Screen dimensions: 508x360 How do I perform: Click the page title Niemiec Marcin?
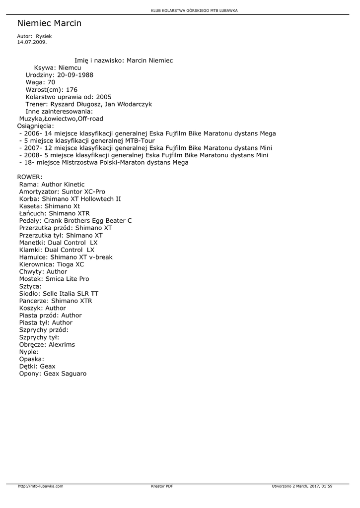(49, 23)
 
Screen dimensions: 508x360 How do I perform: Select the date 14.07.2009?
(32, 42)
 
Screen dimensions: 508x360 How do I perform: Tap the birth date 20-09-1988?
(75, 75)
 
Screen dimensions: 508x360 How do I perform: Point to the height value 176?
(72, 90)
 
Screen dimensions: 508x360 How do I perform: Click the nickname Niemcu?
(70, 67)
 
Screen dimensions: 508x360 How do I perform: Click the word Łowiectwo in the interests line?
(60, 119)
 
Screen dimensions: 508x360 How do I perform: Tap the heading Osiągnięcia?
(36, 126)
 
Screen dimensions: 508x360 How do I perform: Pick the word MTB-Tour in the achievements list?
(141, 140)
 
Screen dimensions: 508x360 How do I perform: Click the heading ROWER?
(30, 177)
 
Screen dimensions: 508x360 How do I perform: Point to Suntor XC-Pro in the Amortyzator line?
(83, 191)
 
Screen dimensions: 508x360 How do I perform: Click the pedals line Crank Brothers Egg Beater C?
(88, 221)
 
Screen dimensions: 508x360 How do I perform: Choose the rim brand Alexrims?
(62, 344)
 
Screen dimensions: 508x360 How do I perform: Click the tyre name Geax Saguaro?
(65, 374)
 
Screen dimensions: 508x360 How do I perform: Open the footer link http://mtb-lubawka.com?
(41, 486)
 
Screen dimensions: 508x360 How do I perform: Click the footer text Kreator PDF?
(162, 486)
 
